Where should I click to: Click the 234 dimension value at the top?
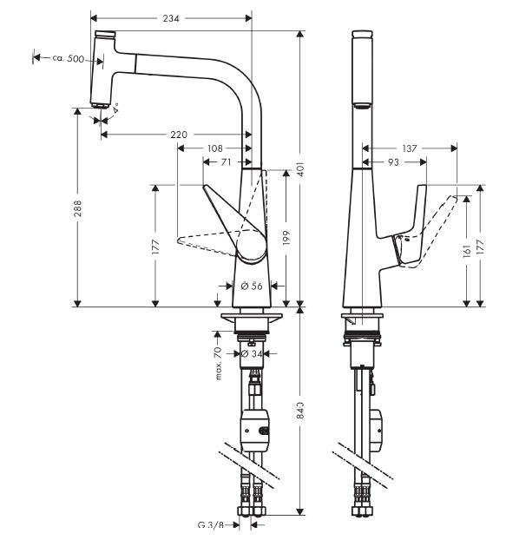pyautogui.click(x=171, y=18)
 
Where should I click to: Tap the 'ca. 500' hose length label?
pyautogui.click(x=69, y=58)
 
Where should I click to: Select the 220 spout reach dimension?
pyautogui.click(x=179, y=135)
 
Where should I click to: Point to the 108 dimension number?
pyautogui.click(x=215, y=148)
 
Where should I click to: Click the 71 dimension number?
pyautogui.click(x=226, y=161)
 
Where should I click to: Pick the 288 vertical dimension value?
pyautogui.click(x=78, y=208)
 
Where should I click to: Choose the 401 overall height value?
pyautogui.click(x=300, y=168)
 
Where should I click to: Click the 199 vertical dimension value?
pyautogui.click(x=286, y=238)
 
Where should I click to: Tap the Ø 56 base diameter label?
pyautogui.click(x=252, y=286)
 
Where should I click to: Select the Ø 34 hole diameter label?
pyautogui.click(x=252, y=353)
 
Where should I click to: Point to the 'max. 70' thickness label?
pyautogui.click(x=218, y=364)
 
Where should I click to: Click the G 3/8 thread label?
pyautogui.click(x=211, y=525)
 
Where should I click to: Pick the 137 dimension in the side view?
pyautogui.click(x=410, y=148)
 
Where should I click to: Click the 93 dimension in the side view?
pyautogui.click(x=393, y=161)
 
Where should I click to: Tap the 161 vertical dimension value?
pyautogui.click(x=466, y=251)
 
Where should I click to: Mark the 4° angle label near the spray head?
pyautogui.click(x=116, y=108)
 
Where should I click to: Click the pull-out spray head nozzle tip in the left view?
pyautogui.click(x=100, y=106)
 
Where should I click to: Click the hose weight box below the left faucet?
pyautogui.click(x=256, y=431)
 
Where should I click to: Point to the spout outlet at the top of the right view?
pyautogui.click(x=362, y=106)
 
